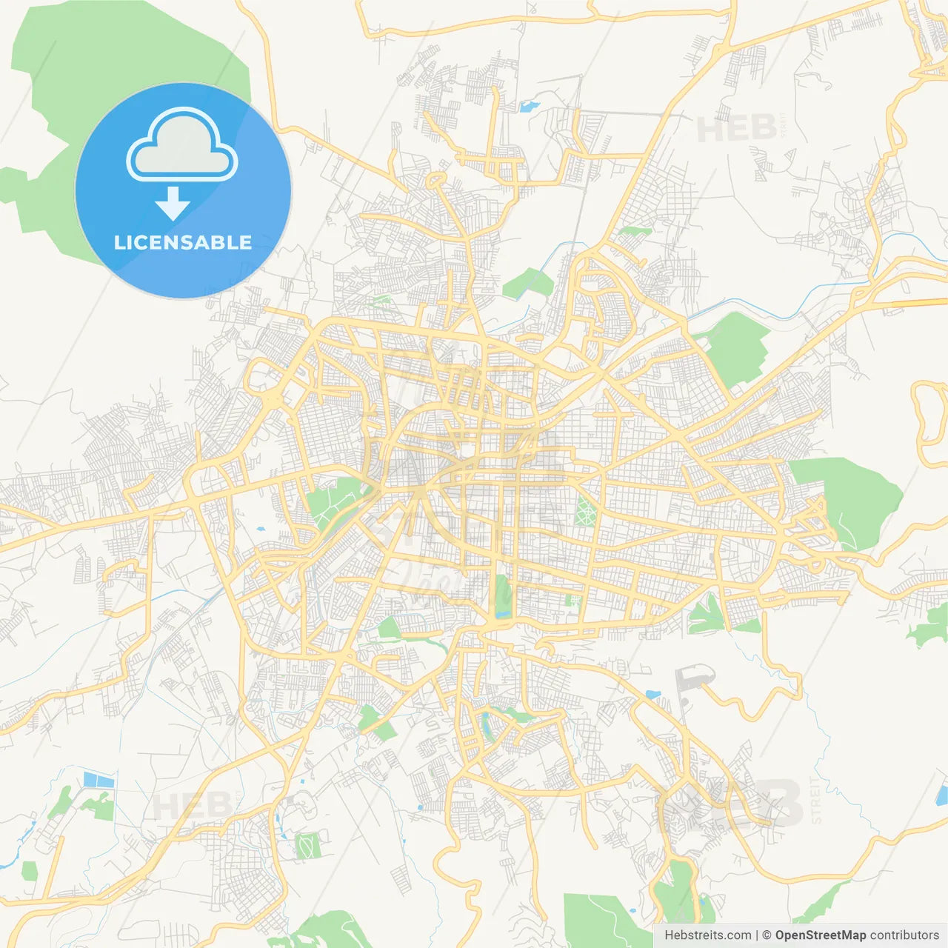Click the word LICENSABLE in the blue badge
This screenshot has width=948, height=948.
point(183,242)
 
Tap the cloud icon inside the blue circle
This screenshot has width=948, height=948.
point(182,145)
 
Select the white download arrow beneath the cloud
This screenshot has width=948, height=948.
point(173,203)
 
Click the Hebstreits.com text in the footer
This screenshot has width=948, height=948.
point(707,935)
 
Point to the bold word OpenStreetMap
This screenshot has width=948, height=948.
point(820,935)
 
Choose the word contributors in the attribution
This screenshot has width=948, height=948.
point(904,935)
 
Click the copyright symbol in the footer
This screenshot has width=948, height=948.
point(767,935)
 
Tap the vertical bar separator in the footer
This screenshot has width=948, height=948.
point(757,935)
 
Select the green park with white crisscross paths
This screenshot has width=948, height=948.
point(585,512)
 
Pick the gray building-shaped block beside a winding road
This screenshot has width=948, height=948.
point(693,677)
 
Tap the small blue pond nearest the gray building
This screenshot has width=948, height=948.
point(653,695)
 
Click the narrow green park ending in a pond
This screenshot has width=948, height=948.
point(503,596)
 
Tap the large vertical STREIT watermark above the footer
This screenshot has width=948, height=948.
point(816,800)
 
